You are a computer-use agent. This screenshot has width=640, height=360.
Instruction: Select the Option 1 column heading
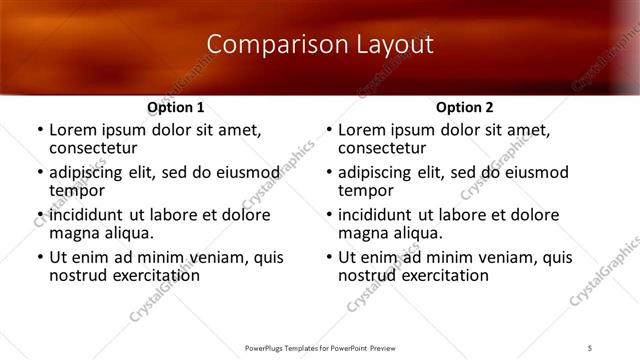(176, 107)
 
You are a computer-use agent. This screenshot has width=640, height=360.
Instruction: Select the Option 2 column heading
(465, 107)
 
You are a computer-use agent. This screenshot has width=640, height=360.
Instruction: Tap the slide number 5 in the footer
(591, 347)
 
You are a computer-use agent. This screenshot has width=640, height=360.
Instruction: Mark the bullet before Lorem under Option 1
(39, 130)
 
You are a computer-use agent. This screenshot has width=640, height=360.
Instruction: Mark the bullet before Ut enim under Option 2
(328, 257)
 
